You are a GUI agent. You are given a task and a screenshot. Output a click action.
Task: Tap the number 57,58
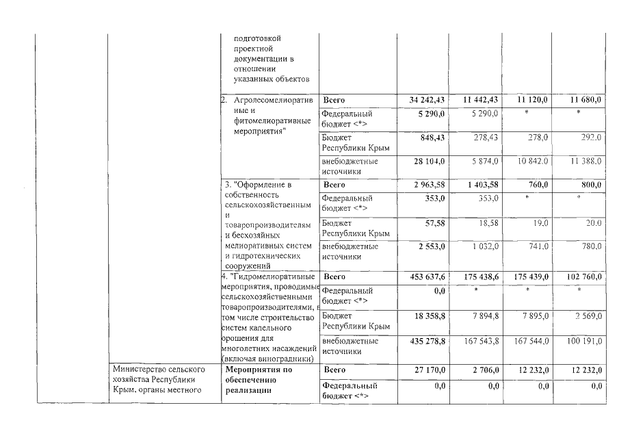click(434, 223)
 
